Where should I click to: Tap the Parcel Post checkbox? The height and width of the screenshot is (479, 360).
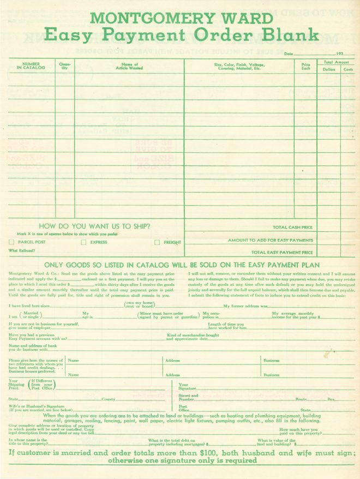(x=12, y=242)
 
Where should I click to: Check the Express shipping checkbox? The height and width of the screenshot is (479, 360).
(x=84, y=242)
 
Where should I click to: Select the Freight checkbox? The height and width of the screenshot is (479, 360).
(x=157, y=242)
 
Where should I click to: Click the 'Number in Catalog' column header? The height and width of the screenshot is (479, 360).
(x=31, y=65)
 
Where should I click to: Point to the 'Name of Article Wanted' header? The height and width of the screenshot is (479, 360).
(x=129, y=65)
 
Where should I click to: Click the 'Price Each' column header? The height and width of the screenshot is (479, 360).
(x=305, y=66)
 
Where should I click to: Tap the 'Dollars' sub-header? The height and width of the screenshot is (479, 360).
(x=329, y=69)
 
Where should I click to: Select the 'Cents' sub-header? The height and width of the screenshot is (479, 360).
(x=348, y=69)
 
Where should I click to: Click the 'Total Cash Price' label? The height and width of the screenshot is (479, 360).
(x=293, y=227)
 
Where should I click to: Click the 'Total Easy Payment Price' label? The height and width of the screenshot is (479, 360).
(x=282, y=253)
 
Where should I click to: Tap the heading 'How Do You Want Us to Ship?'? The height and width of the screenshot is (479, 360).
(x=95, y=226)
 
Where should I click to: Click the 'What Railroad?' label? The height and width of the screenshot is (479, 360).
(x=22, y=250)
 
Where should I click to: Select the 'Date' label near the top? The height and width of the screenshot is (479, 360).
(x=289, y=54)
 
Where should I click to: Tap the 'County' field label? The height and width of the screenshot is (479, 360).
(x=108, y=399)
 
